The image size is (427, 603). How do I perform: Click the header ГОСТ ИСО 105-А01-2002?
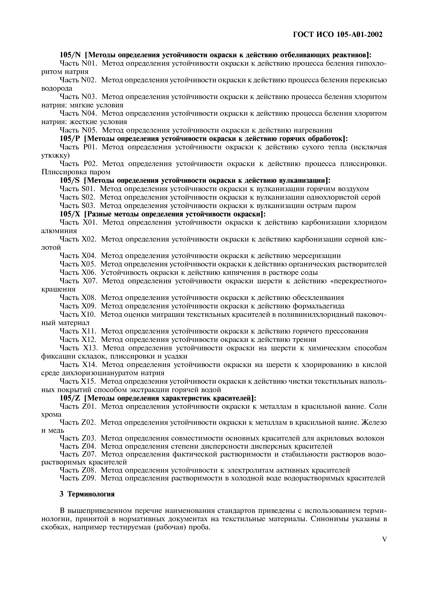338,34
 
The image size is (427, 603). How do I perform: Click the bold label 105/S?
69,181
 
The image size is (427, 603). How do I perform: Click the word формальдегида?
318,306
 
